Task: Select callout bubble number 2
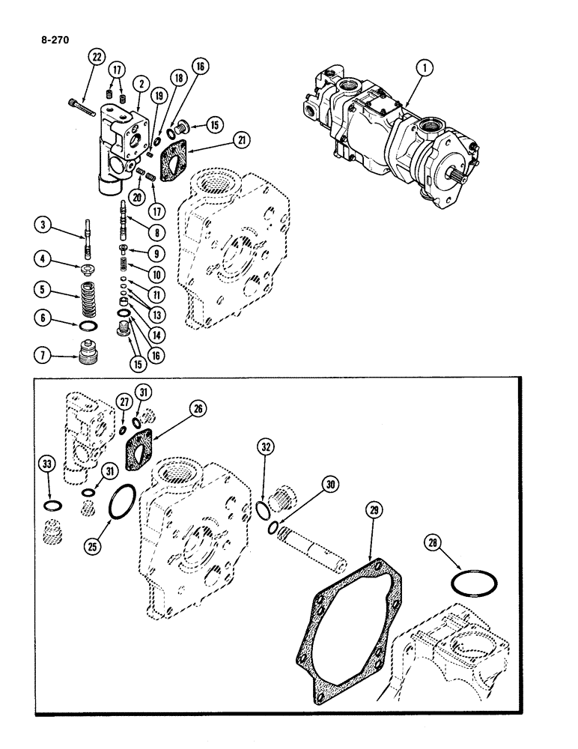click(x=140, y=82)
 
